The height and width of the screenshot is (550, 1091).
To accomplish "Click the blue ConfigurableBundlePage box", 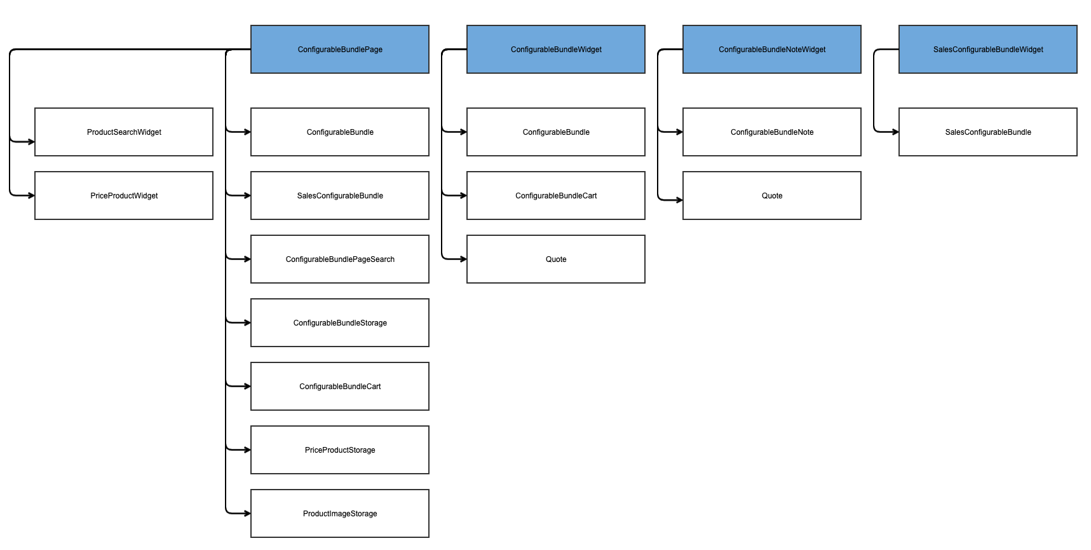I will point(340,49).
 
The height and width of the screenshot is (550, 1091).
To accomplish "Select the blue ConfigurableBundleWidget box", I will point(556,49).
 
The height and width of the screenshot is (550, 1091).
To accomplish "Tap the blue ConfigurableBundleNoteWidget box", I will point(772,49).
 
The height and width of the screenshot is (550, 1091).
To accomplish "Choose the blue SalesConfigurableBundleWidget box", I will point(988,49).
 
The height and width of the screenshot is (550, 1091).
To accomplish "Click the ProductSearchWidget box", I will point(124,132).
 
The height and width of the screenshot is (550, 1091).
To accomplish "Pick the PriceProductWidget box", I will point(124,195).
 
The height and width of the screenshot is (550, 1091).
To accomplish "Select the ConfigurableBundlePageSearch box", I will point(340,259).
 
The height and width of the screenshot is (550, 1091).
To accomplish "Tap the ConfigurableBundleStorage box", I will point(340,322).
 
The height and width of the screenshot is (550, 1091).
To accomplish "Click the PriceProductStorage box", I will point(340,450).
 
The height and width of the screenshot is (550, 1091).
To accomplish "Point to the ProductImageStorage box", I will point(340,513).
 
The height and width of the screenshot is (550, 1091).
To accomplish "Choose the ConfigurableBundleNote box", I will point(772,132).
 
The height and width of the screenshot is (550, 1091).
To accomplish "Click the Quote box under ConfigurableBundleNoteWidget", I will point(772,195).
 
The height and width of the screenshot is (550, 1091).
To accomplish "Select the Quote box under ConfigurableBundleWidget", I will point(556,259).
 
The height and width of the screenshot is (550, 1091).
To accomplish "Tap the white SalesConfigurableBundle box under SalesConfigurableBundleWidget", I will point(988,132).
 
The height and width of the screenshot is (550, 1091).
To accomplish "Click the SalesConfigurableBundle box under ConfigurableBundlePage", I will point(340,195).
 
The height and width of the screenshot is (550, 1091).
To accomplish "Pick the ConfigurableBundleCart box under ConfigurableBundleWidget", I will point(556,195).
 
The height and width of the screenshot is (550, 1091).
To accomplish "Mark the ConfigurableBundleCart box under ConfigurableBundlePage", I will point(340,386).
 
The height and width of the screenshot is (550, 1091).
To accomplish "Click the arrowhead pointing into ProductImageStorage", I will point(247,513).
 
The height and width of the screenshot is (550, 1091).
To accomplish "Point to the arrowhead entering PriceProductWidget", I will point(31,195).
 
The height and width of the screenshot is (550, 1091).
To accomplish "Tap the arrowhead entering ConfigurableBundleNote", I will point(679,132).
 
